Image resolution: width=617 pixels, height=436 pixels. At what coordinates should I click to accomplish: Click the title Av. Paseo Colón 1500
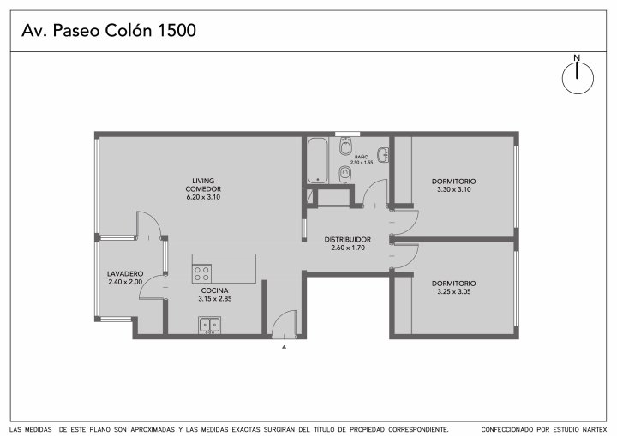[109, 31]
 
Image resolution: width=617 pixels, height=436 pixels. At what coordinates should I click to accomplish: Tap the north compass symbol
[578, 77]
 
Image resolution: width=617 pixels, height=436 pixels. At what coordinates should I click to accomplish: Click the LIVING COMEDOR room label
[203, 185]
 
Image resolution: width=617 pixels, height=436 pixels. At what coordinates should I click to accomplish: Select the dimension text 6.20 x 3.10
[203, 197]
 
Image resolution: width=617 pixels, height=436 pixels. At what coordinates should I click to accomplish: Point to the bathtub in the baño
[318, 160]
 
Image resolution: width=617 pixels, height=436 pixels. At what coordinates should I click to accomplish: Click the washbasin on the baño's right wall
[383, 155]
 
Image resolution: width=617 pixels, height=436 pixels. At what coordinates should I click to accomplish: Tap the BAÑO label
[362, 157]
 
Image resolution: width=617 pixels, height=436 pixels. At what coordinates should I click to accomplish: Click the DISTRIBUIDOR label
[348, 239]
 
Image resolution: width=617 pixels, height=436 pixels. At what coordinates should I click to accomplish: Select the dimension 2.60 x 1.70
[348, 248]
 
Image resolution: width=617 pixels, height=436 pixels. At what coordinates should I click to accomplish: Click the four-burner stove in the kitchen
[201, 273]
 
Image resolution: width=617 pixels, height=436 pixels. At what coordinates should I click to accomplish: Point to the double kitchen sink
[209, 325]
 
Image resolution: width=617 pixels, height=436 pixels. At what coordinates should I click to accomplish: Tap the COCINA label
[214, 290]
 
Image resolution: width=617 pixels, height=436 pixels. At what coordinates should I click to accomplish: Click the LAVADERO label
[125, 273]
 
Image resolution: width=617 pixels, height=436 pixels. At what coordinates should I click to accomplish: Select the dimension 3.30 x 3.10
[453, 189]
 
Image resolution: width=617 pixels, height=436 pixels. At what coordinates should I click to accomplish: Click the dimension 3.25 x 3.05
[453, 291]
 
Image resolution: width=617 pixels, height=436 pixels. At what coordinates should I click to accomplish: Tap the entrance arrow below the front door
[285, 347]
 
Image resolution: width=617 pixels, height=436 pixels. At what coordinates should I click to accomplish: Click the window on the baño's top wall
[347, 134]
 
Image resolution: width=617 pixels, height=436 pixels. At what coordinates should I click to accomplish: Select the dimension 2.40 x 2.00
[125, 282]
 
